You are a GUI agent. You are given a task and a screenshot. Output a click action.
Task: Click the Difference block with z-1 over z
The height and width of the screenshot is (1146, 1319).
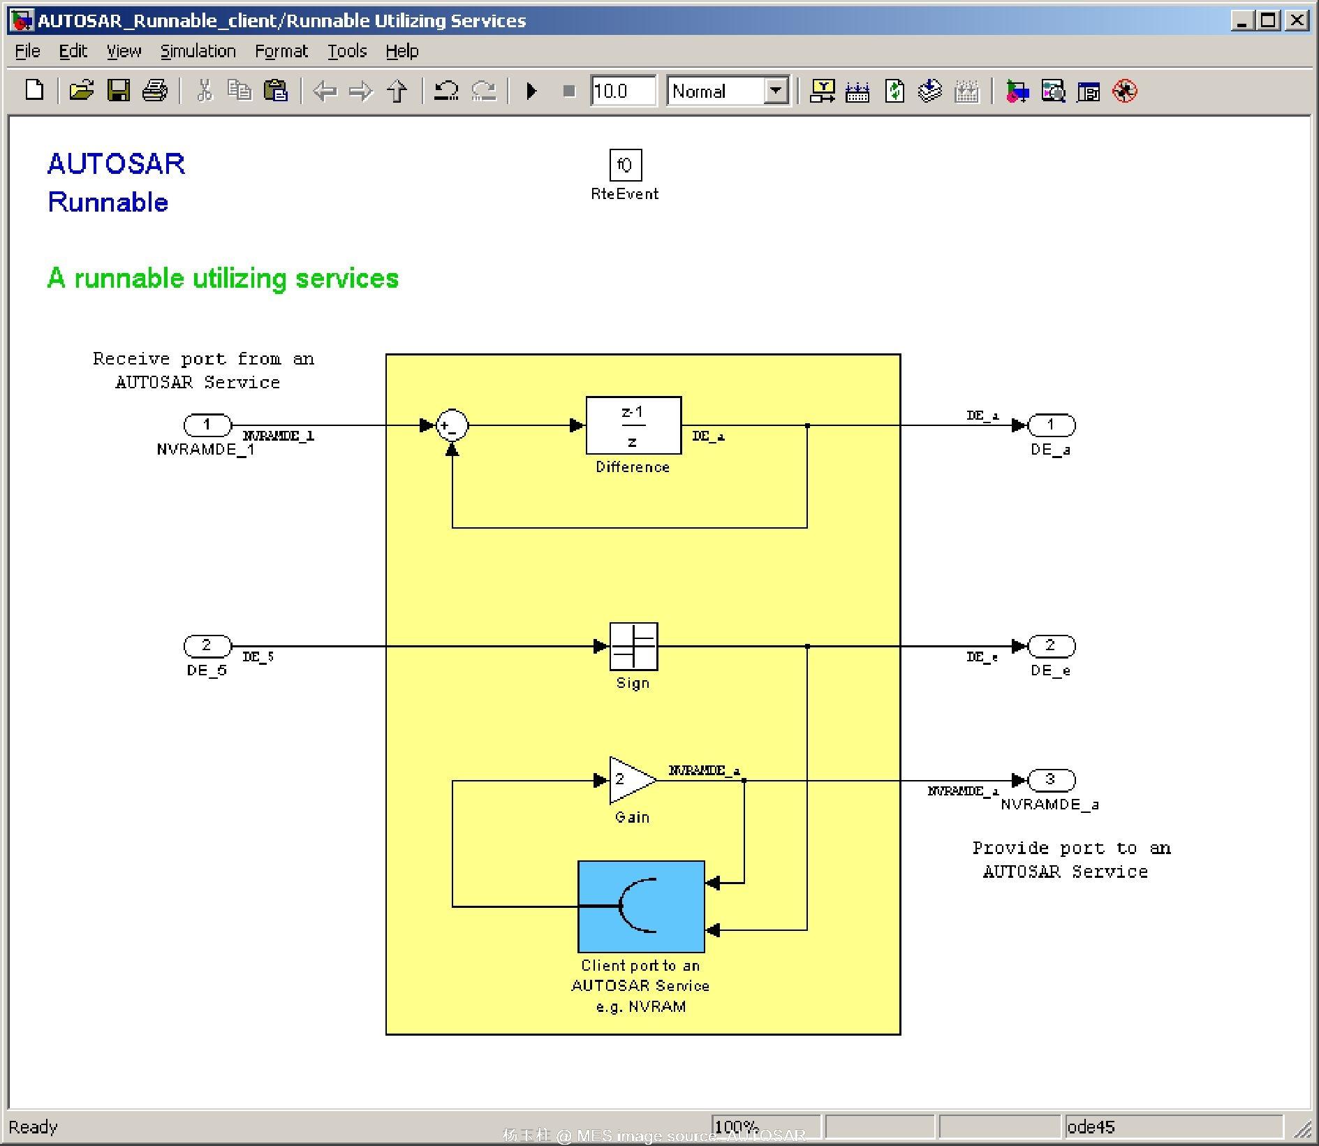(x=633, y=425)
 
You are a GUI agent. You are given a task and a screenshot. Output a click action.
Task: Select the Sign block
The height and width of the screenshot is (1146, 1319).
(x=633, y=646)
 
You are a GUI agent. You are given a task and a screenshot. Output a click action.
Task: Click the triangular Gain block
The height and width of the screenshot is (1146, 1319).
(x=630, y=780)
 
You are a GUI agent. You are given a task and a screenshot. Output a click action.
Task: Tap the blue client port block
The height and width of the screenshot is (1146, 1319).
(x=641, y=906)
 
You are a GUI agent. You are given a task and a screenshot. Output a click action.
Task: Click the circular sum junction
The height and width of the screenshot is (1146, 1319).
(x=452, y=425)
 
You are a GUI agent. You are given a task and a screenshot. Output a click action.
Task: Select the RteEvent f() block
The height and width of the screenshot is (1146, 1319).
(x=625, y=166)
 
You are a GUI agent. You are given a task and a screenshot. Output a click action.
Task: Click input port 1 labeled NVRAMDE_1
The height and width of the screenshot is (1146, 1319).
(x=207, y=425)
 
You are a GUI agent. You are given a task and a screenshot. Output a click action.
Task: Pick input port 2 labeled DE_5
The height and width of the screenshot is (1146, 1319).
(x=207, y=645)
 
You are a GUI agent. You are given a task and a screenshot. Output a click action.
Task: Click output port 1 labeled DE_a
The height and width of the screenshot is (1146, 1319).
(x=1051, y=425)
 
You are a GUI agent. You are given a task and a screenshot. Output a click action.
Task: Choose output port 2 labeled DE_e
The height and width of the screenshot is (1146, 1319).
(x=1051, y=645)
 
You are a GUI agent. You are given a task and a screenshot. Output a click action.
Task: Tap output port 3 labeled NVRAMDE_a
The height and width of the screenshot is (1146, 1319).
(x=1051, y=779)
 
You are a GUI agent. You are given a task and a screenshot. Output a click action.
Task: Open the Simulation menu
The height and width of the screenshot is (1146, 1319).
(x=198, y=51)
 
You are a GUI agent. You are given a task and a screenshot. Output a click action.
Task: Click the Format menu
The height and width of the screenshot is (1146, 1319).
(x=281, y=51)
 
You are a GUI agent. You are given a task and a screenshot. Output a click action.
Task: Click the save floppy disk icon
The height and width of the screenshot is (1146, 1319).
(x=118, y=91)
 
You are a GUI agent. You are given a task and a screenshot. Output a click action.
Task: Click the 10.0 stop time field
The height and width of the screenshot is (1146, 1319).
(x=622, y=91)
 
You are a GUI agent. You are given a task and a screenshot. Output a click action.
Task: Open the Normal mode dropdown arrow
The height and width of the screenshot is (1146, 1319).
(x=775, y=91)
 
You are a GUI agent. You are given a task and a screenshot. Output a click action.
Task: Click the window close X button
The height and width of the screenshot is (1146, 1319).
(x=1297, y=20)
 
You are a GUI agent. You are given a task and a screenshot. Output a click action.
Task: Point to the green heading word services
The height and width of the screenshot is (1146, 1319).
(x=346, y=279)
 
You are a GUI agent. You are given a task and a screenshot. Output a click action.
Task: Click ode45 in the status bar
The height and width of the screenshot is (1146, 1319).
(x=1091, y=1126)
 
